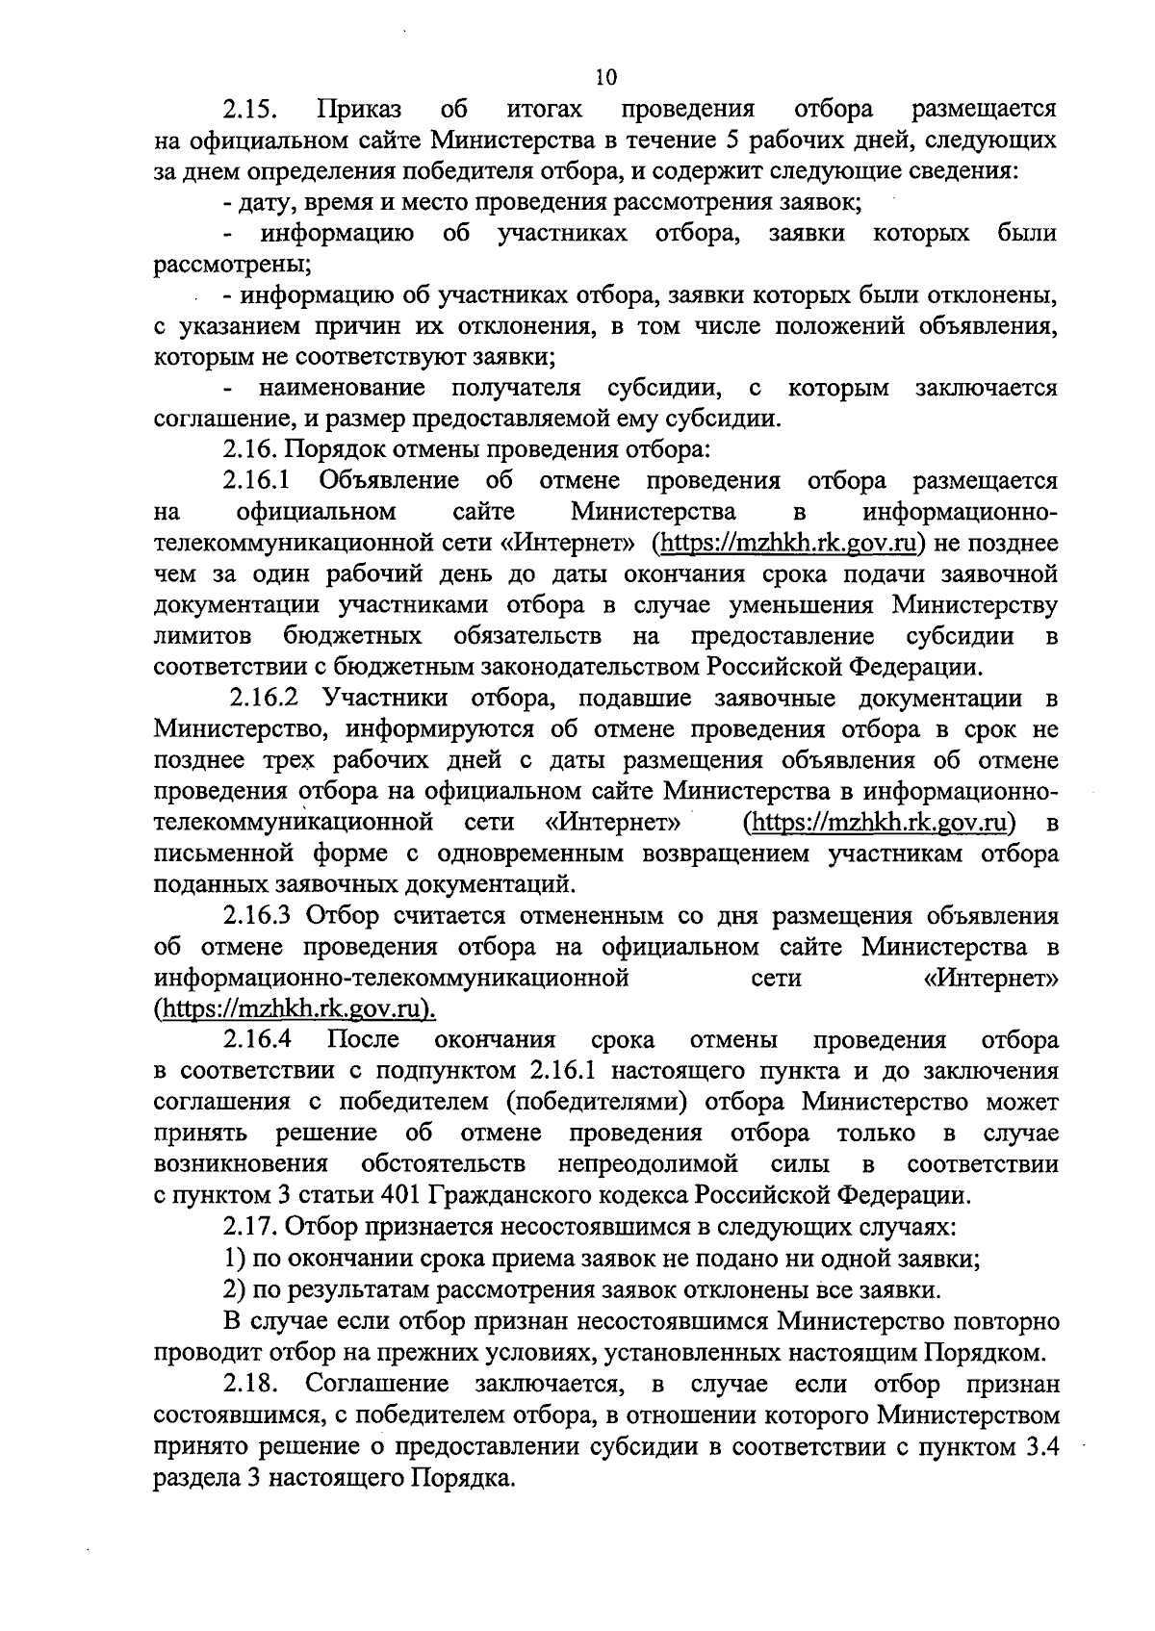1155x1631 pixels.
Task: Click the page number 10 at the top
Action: [x=605, y=77]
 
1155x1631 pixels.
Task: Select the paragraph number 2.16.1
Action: [x=258, y=481]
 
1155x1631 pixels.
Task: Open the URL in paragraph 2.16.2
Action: [x=883, y=823]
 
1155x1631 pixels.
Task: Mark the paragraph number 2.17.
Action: [x=251, y=1228]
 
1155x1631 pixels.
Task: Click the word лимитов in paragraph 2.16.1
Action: [x=203, y=637]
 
